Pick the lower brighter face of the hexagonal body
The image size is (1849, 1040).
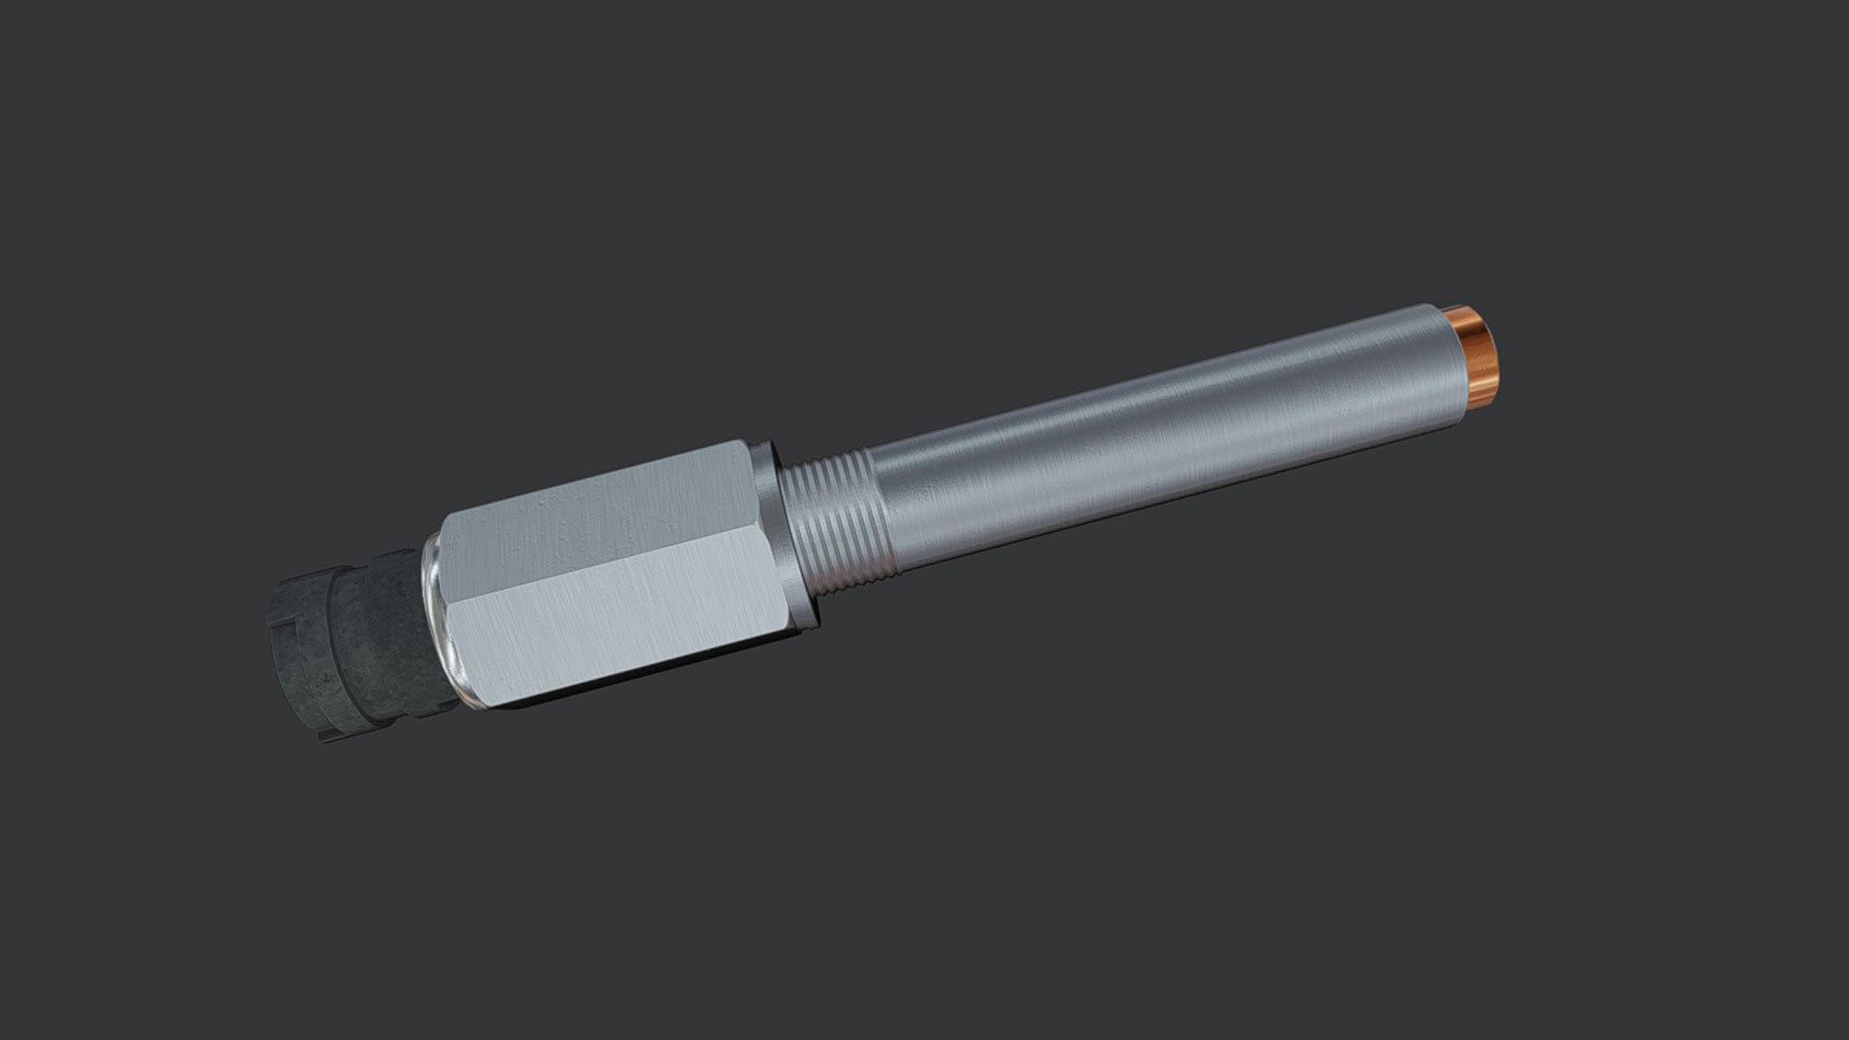(616, 616)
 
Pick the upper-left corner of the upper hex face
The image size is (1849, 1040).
(445, 520)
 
